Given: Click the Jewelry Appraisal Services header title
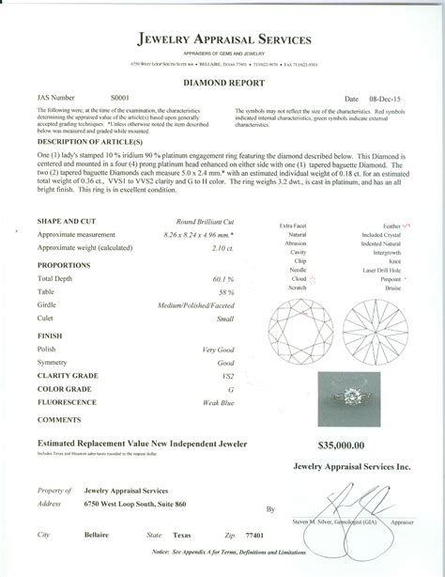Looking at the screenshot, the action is (222, 40).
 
